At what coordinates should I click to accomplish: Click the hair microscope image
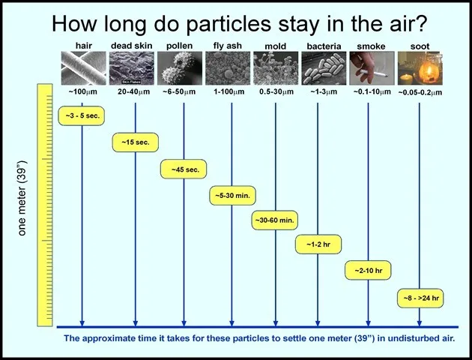[84, 68]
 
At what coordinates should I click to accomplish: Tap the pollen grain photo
[180, 68]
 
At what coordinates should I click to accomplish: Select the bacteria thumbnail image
[324, 68]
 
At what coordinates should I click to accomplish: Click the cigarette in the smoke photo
[374, 73]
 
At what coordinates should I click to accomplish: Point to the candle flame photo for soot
[420, 68]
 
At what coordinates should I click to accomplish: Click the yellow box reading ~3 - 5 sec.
[81, 115]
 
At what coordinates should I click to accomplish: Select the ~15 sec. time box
[136, 142]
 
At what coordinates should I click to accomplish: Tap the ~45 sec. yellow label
[184, 169]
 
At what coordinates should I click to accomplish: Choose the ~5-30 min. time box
[232, 196]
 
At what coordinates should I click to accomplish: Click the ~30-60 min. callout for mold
[275, 220]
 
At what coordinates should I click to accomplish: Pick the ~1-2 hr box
[318, 244]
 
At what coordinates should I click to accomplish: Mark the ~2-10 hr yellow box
[368, 270]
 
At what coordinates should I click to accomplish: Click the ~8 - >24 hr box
[420, 298]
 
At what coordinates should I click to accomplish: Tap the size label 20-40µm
[133, 91]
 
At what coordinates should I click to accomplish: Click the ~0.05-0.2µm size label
[420, 92]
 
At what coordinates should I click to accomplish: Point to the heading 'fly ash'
[228, 46]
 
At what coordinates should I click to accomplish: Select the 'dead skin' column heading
[132, 46]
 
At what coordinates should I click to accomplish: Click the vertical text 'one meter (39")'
[22, 198]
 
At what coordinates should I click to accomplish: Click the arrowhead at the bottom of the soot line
[420, 323]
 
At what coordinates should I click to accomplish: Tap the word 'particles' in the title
[229, 25]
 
